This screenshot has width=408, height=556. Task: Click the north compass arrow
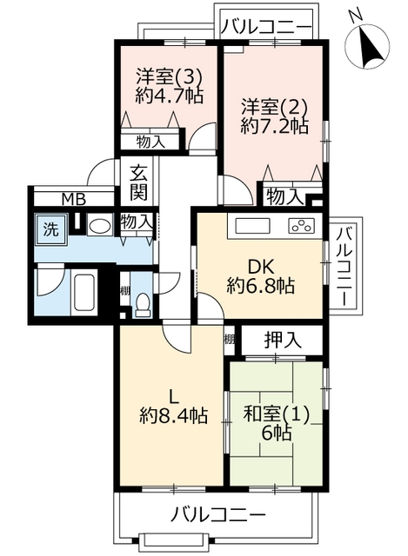(371, 47)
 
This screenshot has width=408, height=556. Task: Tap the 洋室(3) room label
(169, 77)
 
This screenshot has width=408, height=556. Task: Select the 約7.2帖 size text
(274, 125)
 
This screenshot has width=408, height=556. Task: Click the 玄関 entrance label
(137, 182)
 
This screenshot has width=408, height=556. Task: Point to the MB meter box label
(74, 200)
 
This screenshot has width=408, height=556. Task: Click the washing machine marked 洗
(50, 229)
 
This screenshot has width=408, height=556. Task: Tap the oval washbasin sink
(99, 226)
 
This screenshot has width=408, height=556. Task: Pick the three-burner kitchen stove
(302, 226)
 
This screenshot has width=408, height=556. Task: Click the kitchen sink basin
(252, 226)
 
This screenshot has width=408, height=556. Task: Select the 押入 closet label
(283, 341)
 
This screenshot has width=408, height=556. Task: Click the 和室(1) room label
(277, 414)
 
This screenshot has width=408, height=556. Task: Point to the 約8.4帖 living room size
(173, 415)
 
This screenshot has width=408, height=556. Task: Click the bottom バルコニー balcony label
(218, 515)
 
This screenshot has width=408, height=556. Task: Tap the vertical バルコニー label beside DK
(344, 267)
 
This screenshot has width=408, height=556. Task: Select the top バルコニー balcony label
(266, 27)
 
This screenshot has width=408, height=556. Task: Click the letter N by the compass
(355, 16)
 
